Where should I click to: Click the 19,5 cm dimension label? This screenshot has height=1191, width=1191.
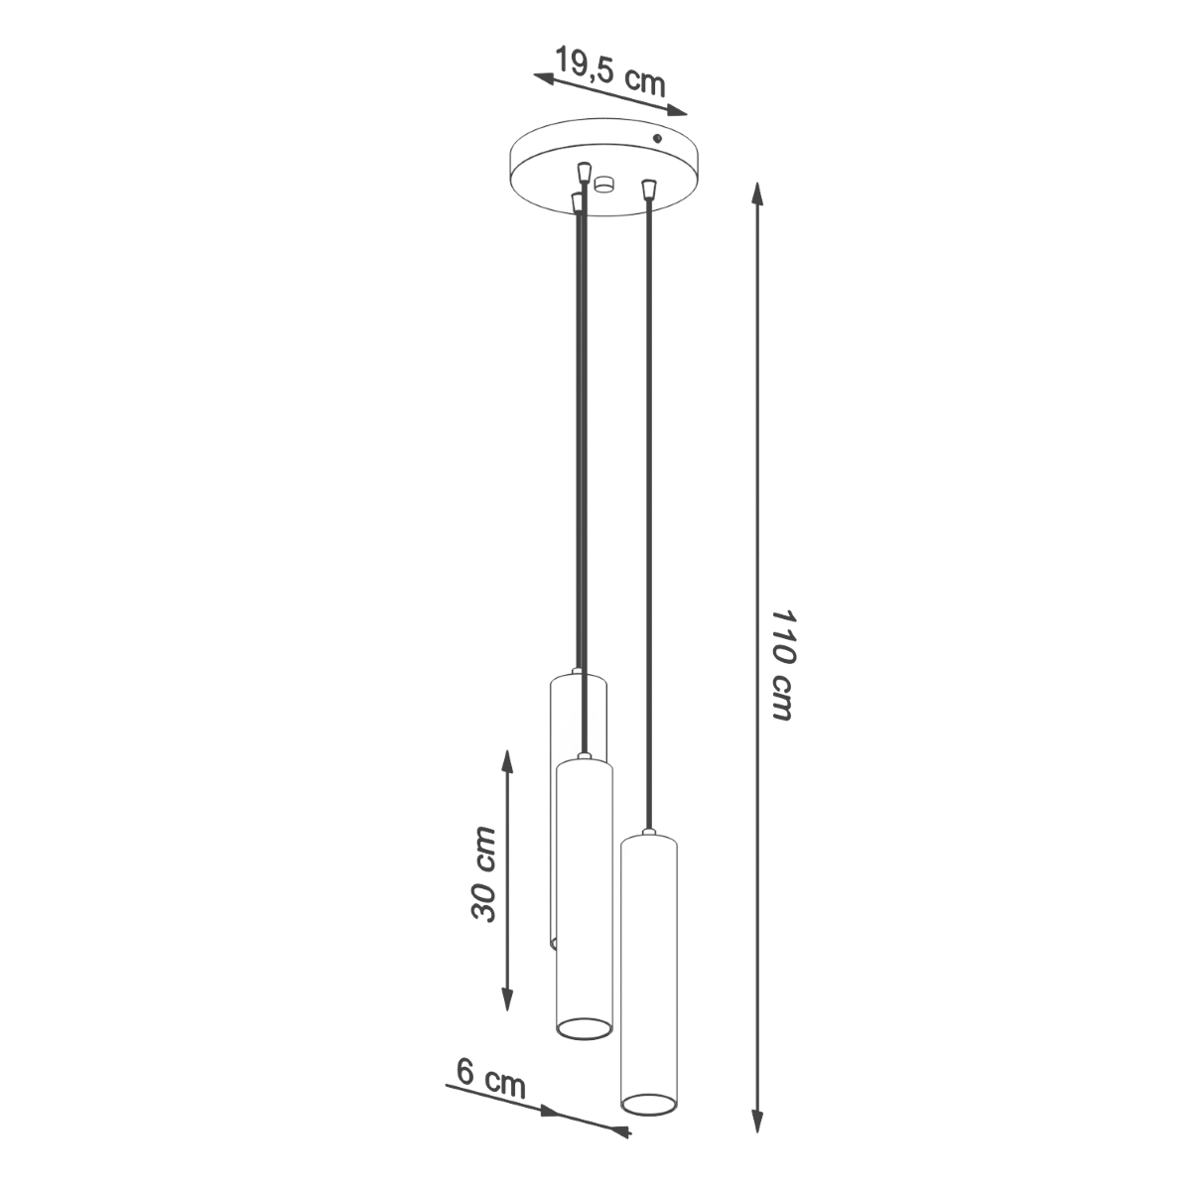tap(609, 70)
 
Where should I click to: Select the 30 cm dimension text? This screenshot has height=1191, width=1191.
tap(483, 873)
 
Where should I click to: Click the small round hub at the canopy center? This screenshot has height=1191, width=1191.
tap(604, 184)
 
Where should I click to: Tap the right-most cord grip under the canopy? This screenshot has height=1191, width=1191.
tap(649, 187)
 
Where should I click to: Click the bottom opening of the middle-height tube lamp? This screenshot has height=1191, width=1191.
tap(583, 1028)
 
